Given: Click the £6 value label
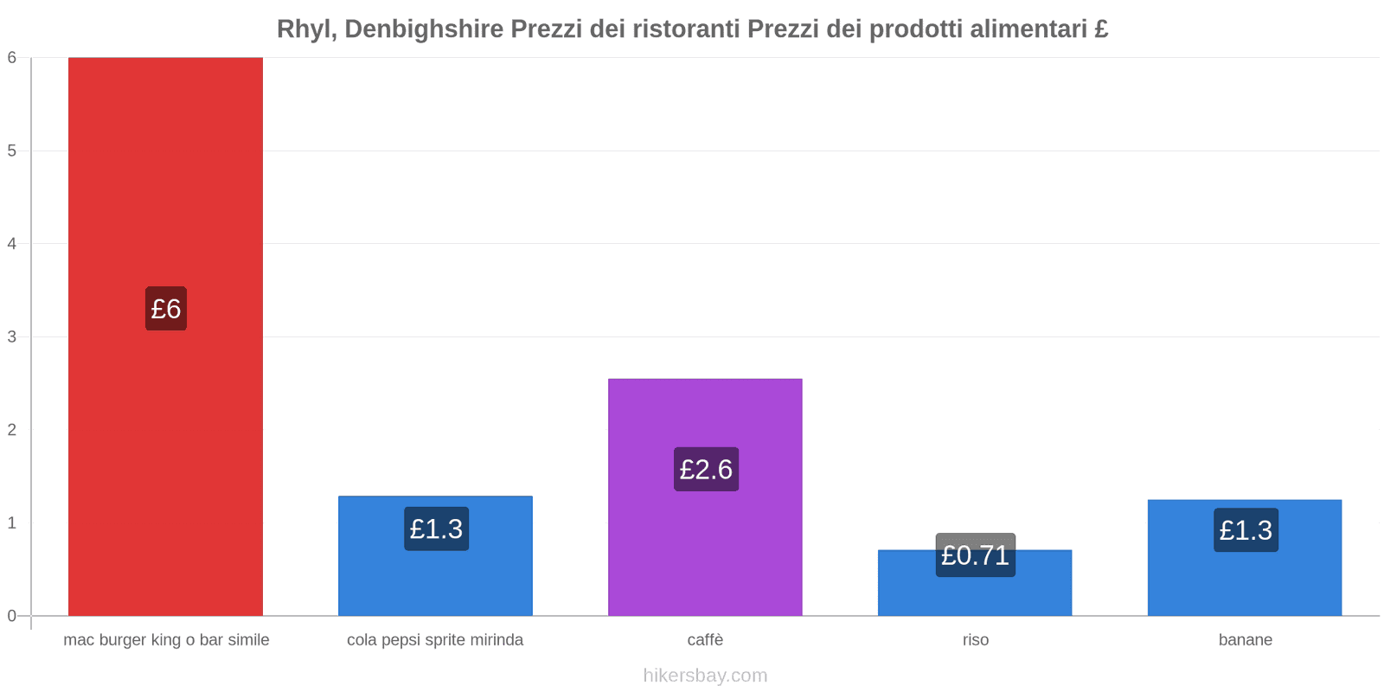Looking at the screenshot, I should click(x=166, y=309).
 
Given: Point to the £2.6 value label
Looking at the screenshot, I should click(x=706, y=469).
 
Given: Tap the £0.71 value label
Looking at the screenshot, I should click(x=975, y=554).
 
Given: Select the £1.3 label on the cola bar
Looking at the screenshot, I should click(x=436, y=529).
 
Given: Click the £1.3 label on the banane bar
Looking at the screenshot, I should click(x=1246, y=529).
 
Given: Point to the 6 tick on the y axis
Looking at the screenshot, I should click(x=12, y=58).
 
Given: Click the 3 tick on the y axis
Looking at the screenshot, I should click(x=12, y=336).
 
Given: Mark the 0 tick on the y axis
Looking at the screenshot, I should click(x=12, y=616).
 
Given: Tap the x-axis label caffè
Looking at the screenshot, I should click(x=705, y=640).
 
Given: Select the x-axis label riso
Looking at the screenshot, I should click(x=975, y=640).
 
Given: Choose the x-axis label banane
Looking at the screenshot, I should click(x=1245, y=640).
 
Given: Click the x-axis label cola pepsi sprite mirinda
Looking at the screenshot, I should click(x=435, y=640).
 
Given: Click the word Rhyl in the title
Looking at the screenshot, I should click(x=304, y=29).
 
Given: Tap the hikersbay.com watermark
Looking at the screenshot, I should click(x=705, y=676).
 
